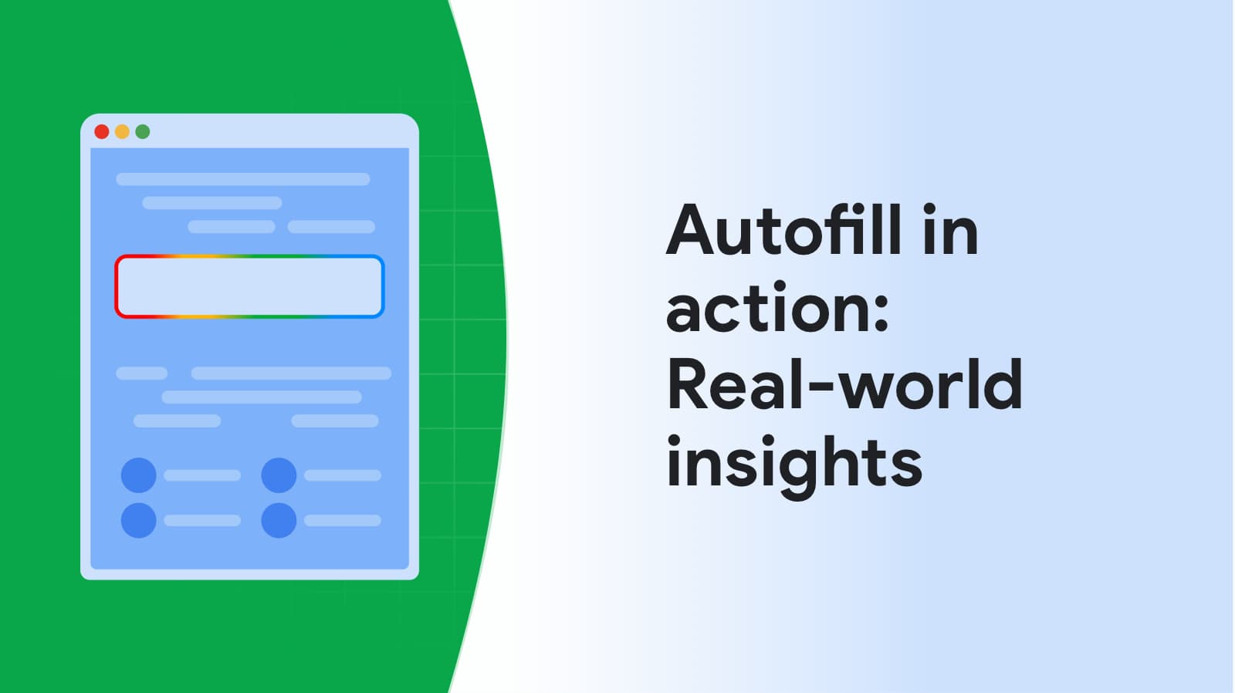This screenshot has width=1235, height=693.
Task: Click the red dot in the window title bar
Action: tap(101, 132)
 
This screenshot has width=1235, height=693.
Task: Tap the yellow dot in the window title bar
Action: tap(122, 132)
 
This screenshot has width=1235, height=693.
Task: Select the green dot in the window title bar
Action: tap(143, 132)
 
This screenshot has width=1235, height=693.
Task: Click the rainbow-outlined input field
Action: tap(249, 286)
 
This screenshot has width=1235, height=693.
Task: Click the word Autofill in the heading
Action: tap(784, 231)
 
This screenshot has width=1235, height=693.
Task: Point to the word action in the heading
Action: tap(770, 308)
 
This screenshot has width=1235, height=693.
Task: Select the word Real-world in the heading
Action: tap(844, 384)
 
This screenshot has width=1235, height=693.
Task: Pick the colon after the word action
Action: tap(881, 312)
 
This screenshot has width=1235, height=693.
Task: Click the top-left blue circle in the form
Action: tap(138, 475)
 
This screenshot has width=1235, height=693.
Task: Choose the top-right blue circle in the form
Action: tap(279, 475)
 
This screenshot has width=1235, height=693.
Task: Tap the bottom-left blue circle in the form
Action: tap(138, 520)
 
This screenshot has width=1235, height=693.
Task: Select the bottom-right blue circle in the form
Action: tap(279, 520)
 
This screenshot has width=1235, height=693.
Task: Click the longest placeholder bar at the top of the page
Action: tap(242, 179)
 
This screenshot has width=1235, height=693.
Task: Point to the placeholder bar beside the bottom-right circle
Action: tap(343, 520)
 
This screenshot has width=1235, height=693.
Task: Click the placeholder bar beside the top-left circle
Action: tap(202, 475)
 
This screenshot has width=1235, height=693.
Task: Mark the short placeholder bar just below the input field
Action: tap(142, 374)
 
